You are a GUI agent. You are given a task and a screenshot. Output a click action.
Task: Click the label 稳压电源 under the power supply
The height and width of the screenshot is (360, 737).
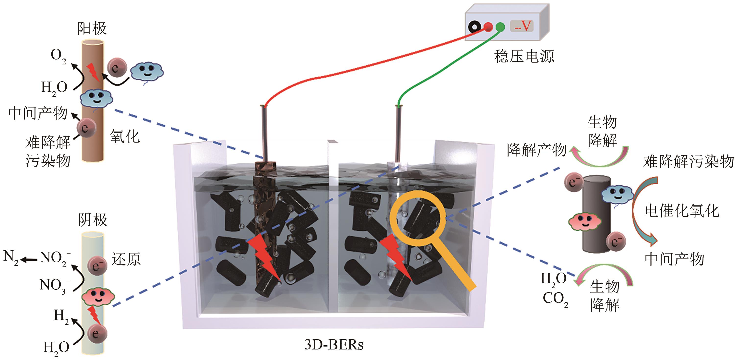(x=523, y=56)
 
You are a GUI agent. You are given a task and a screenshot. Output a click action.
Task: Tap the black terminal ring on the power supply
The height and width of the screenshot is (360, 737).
(x=475, y=27)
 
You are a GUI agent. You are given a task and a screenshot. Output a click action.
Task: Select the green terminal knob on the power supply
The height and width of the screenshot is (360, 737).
(x=500, y=27)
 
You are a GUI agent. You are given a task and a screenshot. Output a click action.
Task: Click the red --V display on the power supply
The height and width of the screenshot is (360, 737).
(x=522, y=26)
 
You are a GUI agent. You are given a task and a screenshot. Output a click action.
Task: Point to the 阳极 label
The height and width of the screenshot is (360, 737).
(x=92, y=28)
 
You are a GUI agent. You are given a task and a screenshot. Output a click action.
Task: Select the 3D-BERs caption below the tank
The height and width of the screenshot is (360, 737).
(x=333, y=345)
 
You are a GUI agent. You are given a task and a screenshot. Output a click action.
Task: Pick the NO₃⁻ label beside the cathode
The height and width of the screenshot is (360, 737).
(x=55, y=286)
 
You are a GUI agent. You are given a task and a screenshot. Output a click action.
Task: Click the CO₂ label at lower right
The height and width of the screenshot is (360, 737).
(x=555, y=299)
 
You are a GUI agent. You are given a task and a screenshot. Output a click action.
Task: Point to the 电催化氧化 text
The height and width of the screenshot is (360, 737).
(x=682, y=211)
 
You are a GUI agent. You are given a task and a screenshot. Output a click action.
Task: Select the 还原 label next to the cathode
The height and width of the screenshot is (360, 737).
(x=126, y=259)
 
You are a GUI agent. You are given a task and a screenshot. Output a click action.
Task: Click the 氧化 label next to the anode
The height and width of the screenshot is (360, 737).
(x=125, y=136)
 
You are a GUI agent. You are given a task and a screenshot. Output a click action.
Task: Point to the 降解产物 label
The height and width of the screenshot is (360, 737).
(x=536, y=150)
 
